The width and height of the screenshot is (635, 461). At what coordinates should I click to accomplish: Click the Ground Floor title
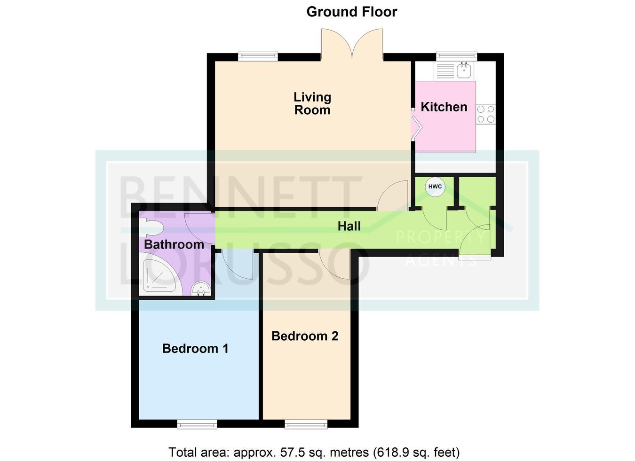pos(351,12)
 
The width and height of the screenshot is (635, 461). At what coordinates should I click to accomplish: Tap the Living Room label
pos(312,104)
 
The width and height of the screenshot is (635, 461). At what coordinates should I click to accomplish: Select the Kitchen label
pos(444,107)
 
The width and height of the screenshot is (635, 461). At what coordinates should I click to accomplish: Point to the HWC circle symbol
pos(435,187)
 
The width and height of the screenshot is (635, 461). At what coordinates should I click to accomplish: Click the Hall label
pos(349,226)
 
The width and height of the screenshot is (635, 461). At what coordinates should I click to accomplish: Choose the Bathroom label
pos(174,244)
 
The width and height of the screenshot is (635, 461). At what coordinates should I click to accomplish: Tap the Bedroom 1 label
pos(195,348)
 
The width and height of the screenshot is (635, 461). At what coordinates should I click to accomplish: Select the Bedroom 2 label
pos(305,336)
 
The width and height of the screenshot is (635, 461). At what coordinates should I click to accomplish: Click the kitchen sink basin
pos(464,70)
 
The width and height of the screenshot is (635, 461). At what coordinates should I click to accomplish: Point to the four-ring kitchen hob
pos(486,114)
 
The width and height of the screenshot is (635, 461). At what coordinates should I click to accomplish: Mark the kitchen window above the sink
pos(456,57)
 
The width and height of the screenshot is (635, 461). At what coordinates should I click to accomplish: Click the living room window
pos(258,57)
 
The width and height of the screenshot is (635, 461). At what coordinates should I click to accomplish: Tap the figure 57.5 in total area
pos(292,452)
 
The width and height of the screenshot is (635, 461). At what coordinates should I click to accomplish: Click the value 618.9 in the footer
pos(391,452)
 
